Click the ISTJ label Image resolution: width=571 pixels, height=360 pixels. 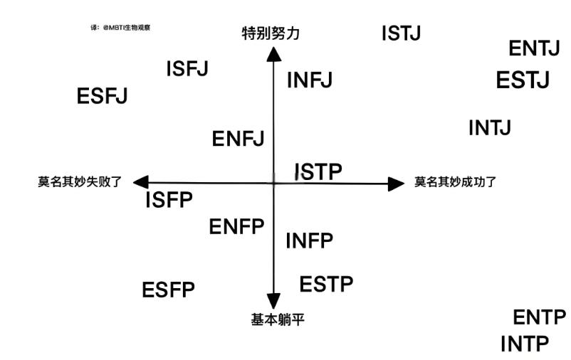[401, 33]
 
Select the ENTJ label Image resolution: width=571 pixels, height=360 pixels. [534, 48]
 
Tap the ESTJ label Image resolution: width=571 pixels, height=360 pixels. [523, 80]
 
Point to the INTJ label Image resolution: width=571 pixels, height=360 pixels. [490, 128]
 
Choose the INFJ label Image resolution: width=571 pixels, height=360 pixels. [310, 80]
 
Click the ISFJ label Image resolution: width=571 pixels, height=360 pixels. [187, 69]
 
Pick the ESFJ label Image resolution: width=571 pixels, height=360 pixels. [102, 96]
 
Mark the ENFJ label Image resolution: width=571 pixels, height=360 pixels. [238, 139]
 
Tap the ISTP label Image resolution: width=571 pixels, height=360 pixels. [318, 171]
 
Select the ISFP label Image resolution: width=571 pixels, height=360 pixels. [169, 201]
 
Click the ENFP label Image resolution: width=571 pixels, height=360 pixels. [236, 227]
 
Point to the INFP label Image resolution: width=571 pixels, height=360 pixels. [309, 241]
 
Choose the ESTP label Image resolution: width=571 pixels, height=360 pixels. [326, 285]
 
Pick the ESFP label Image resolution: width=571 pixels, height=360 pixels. [168, 290]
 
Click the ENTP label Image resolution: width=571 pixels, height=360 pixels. [539, 317]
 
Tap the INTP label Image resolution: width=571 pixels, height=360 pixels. [525, 344]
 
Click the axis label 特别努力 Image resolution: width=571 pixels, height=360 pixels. [271, 33]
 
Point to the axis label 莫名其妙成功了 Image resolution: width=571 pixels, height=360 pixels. [455, 182]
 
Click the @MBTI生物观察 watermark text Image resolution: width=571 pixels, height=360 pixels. [127, 28]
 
